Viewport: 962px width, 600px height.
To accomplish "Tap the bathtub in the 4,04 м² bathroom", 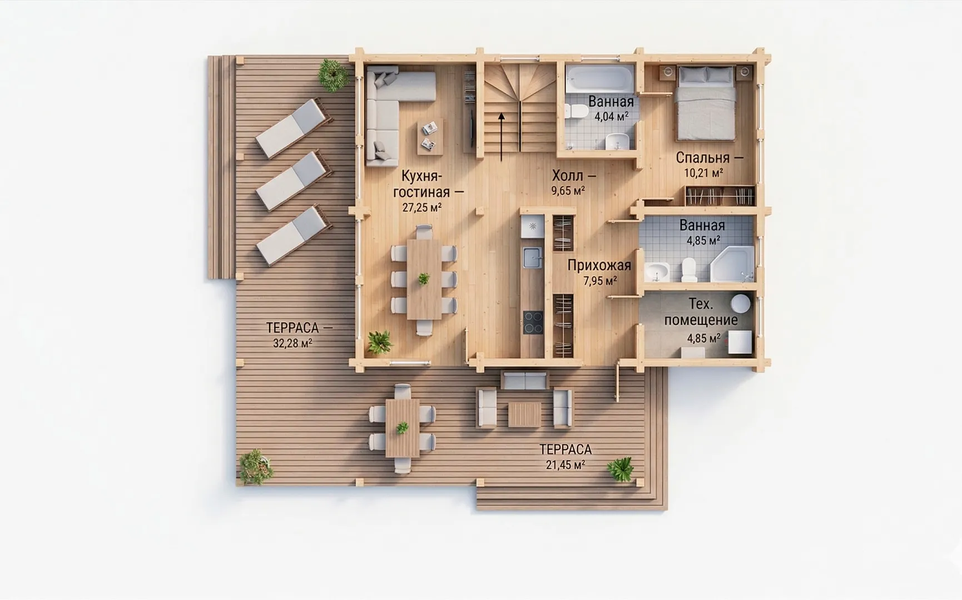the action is tap(600, 78).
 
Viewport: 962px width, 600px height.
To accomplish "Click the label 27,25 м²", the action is tap(422, 207).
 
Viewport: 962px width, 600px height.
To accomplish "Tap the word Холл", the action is tap(568, 176).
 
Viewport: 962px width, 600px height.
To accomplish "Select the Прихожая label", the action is tap(599, 265).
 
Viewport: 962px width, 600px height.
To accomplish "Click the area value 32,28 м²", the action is tap(292, 343).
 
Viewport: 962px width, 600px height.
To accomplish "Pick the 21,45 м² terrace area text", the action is tap(566, 465).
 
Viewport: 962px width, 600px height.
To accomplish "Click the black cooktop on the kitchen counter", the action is tap(533, 323).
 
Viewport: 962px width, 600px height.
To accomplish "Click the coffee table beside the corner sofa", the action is tap(430, 136).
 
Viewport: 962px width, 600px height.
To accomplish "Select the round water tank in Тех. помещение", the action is tap(740, 304).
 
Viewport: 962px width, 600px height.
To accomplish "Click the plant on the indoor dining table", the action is tap(424, 278).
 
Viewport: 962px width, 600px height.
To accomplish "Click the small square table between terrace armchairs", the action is tap(524, 415).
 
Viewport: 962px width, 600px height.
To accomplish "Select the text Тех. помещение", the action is tap(701, 312).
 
